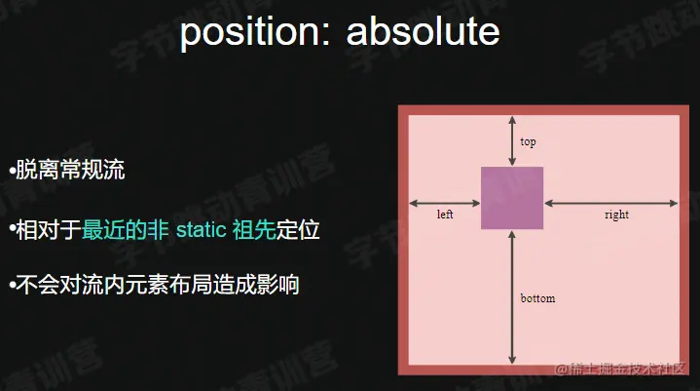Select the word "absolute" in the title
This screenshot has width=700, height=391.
[423, 33]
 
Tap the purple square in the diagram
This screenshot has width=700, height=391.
[512, 198]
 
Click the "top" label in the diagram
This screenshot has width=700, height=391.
[528, 141]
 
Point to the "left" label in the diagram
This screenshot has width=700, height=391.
[445, 214]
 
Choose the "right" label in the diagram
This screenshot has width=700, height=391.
[616, 215]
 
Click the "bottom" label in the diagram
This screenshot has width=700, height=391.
[537, 298]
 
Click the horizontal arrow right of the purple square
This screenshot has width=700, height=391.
[609, 203]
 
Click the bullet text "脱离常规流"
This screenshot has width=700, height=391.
[70, 171]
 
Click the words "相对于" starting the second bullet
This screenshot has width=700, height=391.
[49, 231]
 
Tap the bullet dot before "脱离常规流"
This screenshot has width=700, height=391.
[11, 172]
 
